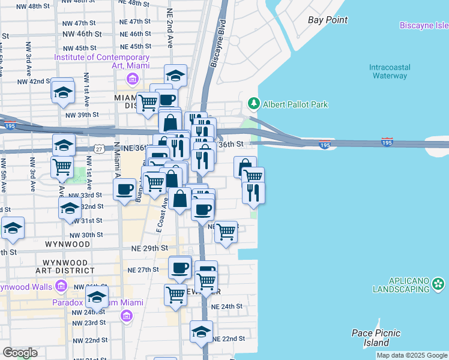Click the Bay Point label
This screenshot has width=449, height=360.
pyautogui.click(x=328, y=20)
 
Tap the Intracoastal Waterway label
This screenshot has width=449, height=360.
pyautogui.click(x=389, y=71)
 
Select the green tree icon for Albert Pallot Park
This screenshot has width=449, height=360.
pyautogui.click(x=253, y=104)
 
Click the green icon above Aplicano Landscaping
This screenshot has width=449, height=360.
pyautogui.click(x=439, y=283)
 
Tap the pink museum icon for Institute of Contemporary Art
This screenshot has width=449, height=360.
pyautogui.click(x=131, y=78)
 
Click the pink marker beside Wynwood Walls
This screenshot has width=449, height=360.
pyautogui.click(x=60, y=286)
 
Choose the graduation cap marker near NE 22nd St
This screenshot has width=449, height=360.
pyautogui.click(x=202, y=331)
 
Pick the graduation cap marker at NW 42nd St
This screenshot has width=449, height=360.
pyautogui.click(x=62, y=92)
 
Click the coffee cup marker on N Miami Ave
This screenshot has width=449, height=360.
pyautogui.click(x=124, y=190)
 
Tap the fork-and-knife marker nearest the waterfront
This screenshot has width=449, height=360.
pyautogui.click(x=253, y=191)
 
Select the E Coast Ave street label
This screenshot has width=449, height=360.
pyautogui.click(x=160, y=217)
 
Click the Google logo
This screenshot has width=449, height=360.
pyautogui.click(x=20, y=353)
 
